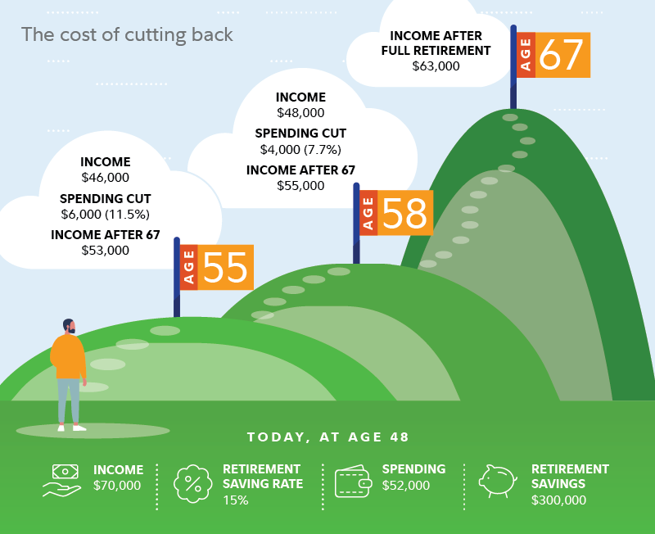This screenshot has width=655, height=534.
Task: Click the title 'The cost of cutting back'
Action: click(x=127, y=35)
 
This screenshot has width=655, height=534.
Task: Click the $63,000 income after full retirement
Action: click(x=436, y=66)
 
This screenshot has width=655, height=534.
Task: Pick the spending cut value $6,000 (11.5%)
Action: click(x=105, y=214)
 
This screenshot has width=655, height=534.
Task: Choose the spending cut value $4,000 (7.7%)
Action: click(x=300, y=149)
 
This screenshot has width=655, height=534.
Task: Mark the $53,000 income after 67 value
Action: click(x=105, y=250)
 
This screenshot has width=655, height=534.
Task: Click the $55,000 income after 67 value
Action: click(x=300, y=185)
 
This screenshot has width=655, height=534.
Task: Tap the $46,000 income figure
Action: click(x=105, y=177)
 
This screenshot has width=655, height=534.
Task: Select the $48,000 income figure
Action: click(x=300, y=112)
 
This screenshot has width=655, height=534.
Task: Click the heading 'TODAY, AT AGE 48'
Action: click(x=327, y=437)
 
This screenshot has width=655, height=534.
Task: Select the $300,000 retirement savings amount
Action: click(x=558, y=500)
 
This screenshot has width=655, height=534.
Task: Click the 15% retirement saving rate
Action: click(x=235, y=500)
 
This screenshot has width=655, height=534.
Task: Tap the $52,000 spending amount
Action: click(x=405, y=485)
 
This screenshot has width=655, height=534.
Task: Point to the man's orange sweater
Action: click(x=68, y=354)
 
